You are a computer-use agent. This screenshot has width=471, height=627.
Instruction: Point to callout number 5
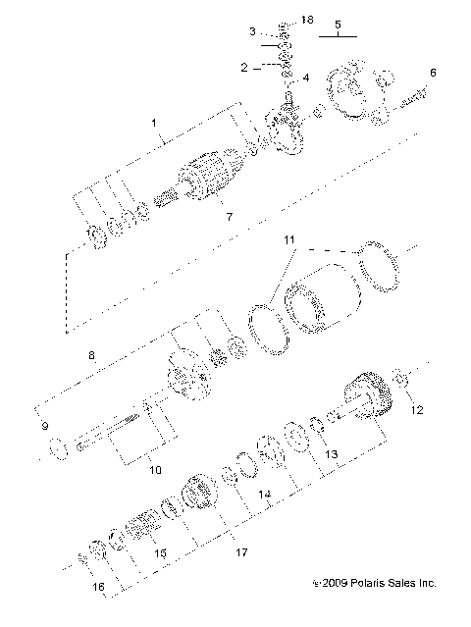tap(337, 23)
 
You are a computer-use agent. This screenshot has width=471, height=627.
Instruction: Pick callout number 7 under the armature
tap(229, 215)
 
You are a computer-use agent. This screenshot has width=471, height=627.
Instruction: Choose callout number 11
tap(288, 239)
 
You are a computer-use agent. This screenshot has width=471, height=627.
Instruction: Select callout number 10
tap(155, 470)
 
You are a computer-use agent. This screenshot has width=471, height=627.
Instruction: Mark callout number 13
tap(331, 454)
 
